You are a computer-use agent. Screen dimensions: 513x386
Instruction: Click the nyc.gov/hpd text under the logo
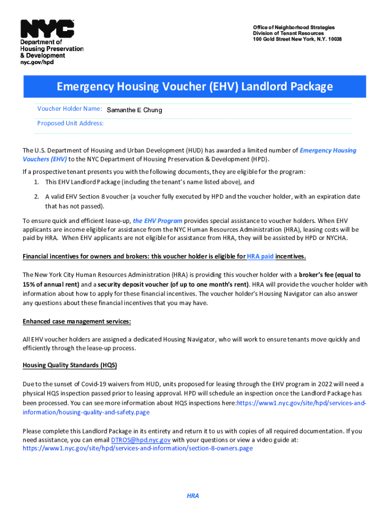37,62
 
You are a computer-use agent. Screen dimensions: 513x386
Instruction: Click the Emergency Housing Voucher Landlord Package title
195,87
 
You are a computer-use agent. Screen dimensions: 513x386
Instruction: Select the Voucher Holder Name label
70,109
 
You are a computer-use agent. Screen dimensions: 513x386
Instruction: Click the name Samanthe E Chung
134,110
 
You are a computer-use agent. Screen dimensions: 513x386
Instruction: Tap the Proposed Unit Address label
70,123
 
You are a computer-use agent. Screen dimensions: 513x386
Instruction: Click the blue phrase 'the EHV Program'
157,221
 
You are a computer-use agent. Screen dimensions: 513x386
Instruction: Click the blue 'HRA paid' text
260,256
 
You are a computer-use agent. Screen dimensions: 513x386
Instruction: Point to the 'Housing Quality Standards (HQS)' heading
70,365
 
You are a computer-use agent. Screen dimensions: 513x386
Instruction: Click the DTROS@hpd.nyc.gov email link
140,439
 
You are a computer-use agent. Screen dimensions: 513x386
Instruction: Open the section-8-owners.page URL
137,448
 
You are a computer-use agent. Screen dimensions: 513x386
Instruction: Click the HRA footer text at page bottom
193,496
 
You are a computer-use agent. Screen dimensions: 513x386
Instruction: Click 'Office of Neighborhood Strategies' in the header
294,27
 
